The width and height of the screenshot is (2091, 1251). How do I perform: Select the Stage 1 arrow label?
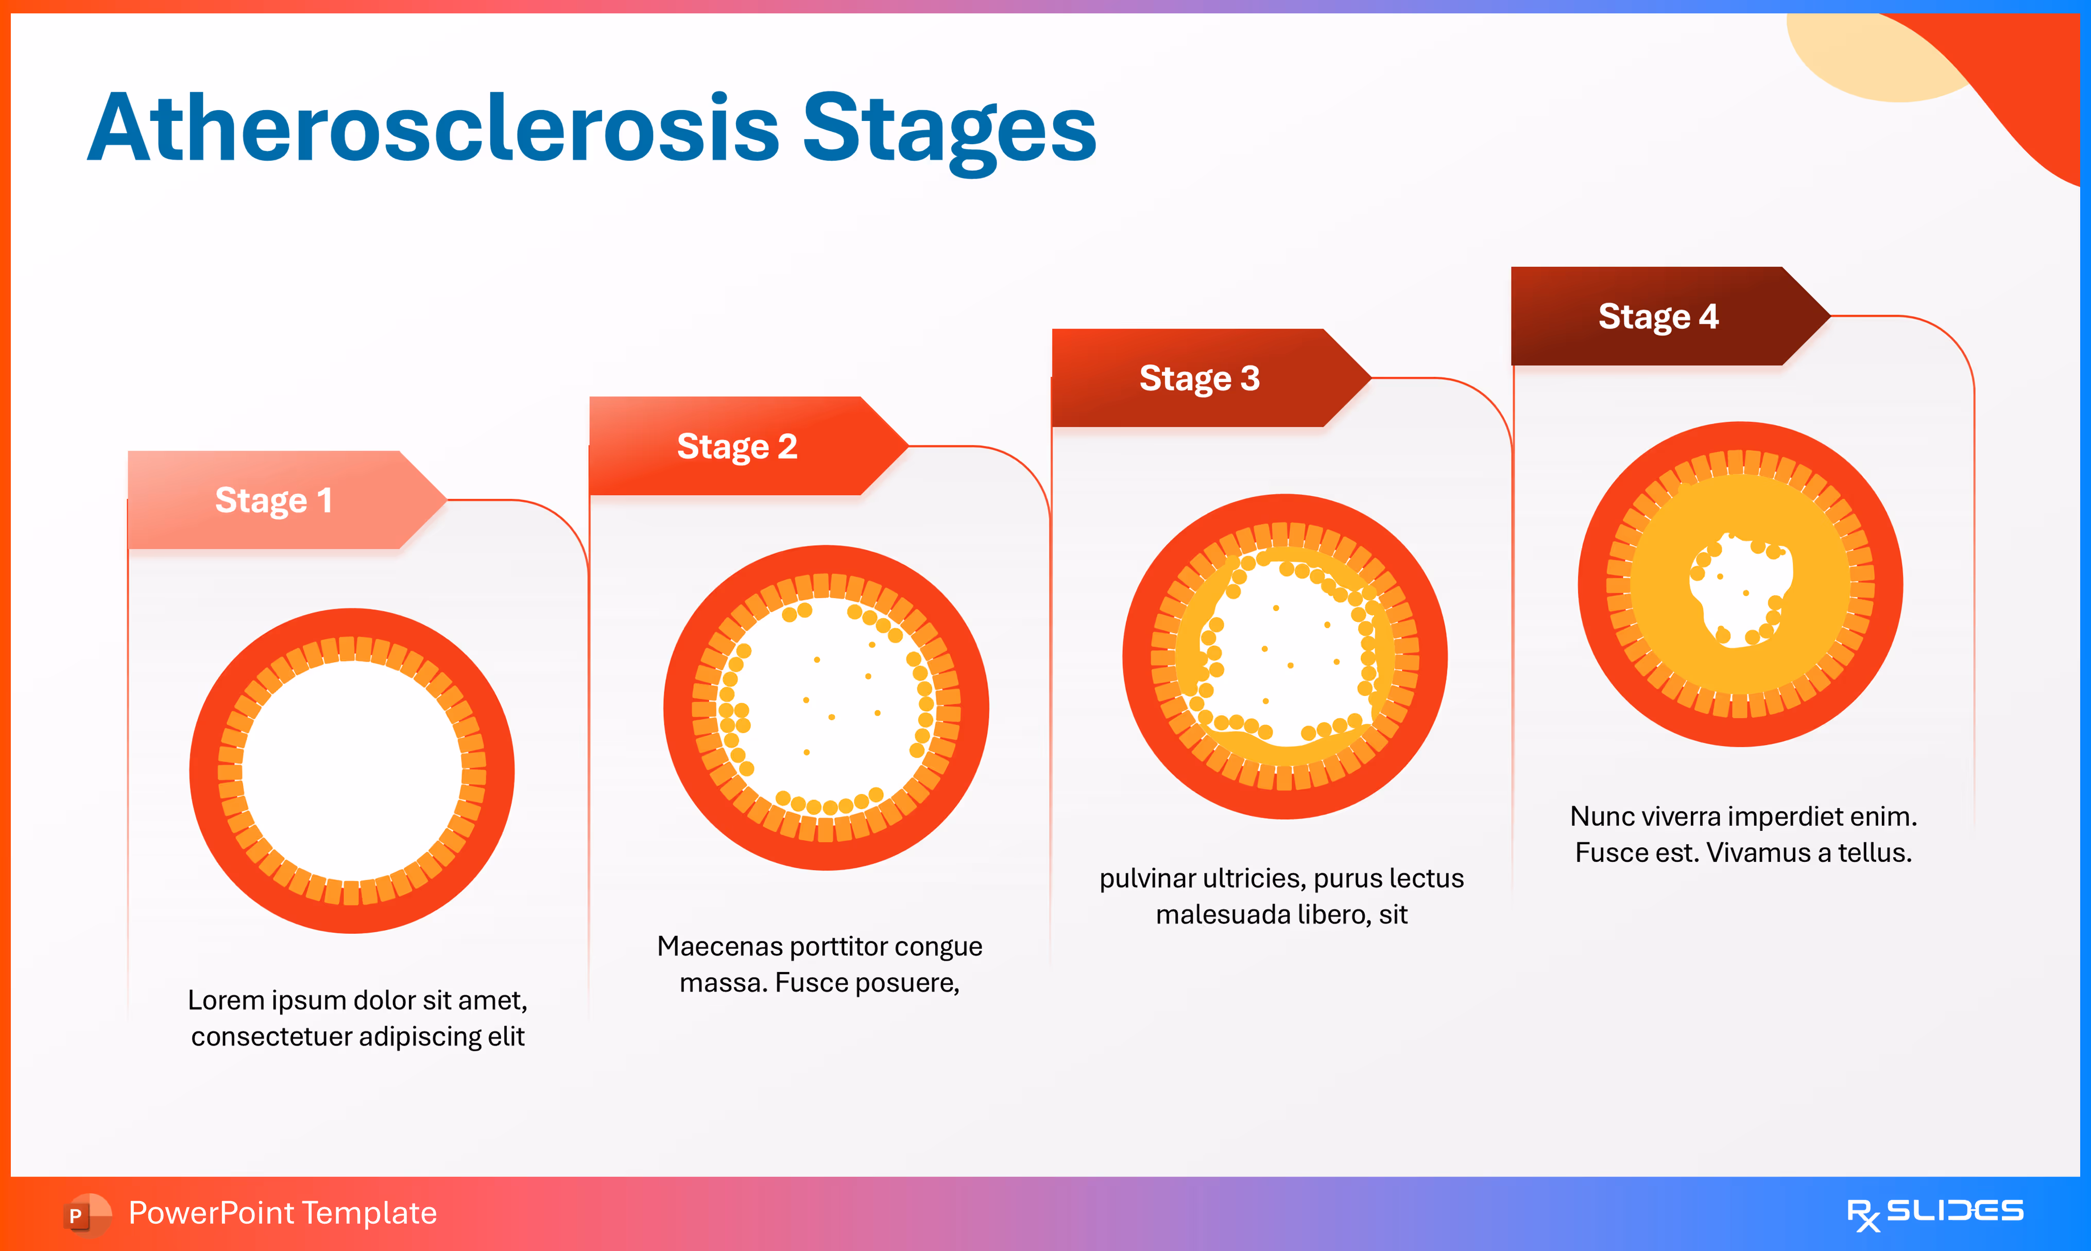click(x=274, y=500)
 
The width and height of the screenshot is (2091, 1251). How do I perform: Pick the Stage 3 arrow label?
click(x=1199, y=378)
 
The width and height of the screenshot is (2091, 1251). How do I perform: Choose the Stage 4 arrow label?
click(x=1658, y=316)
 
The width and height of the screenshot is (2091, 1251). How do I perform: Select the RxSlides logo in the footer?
click(x=1934, y=1214)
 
